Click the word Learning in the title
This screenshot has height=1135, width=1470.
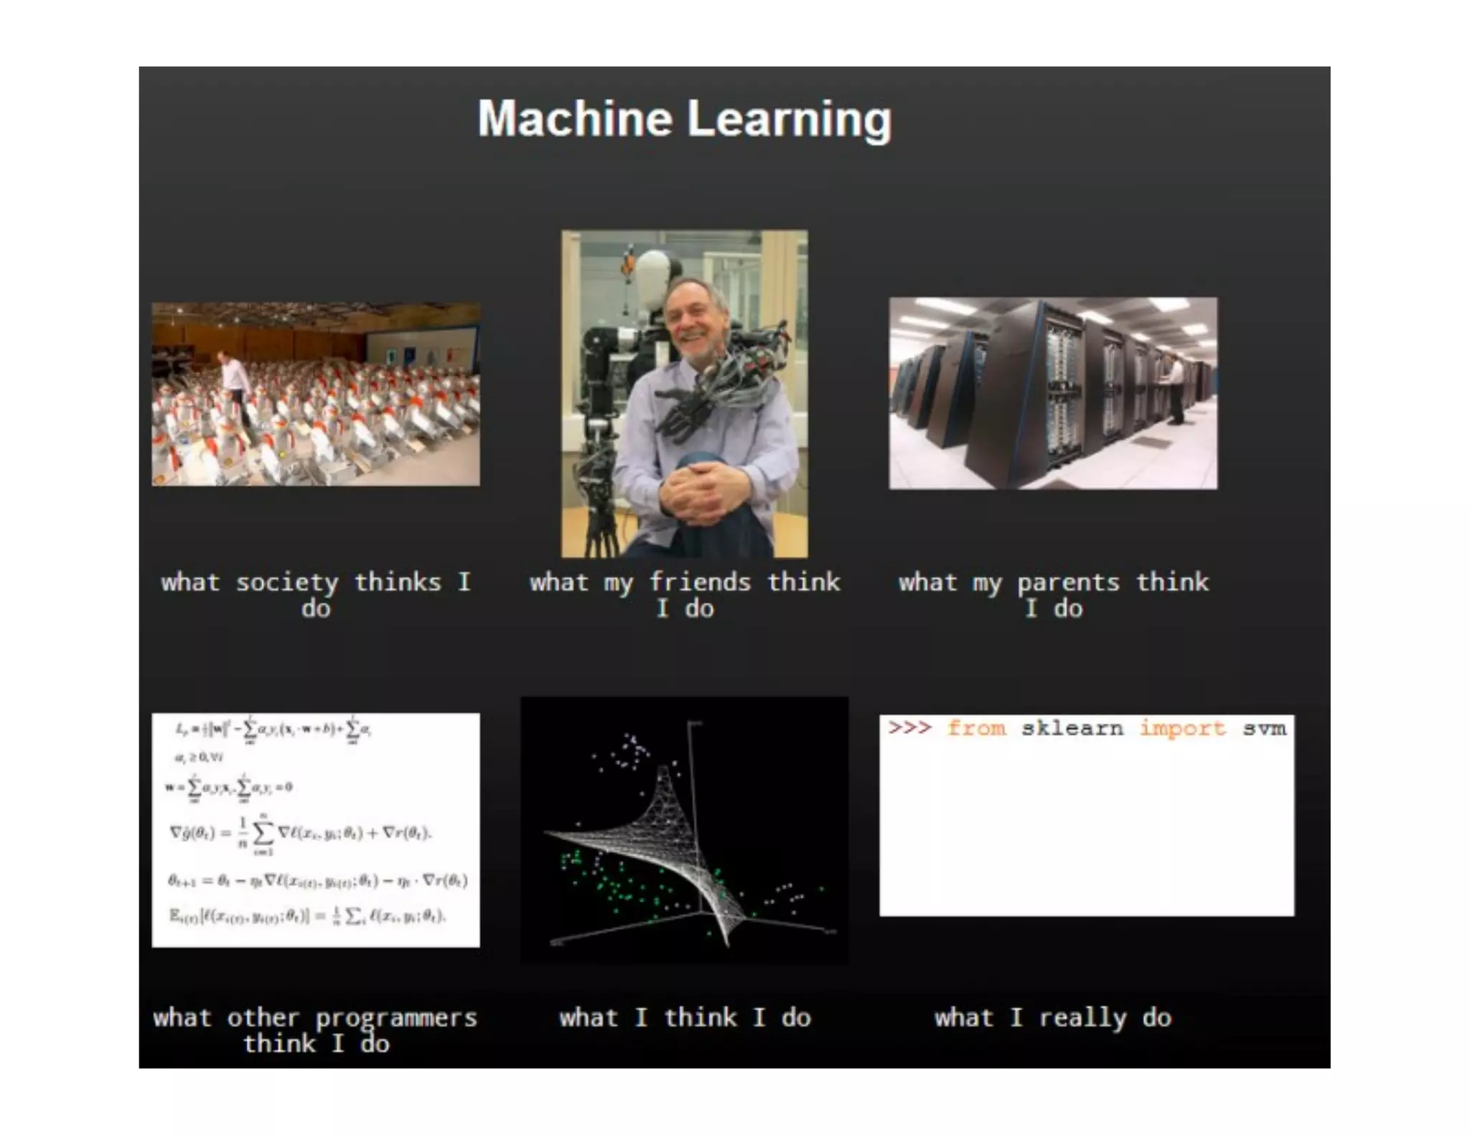[790, 120]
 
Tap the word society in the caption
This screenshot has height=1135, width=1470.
[287, 583]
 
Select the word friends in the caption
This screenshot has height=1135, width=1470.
[700, 582]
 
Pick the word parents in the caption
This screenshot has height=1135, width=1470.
[1068, 583]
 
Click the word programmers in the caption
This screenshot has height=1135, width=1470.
[396, 1018]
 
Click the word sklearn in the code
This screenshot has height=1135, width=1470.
[1072, 728]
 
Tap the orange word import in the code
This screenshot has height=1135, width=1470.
[1182, 728]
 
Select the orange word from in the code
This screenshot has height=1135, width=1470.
[976, 728]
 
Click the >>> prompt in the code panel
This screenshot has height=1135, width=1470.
[909, 727]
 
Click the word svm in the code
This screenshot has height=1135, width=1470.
[1265, 728]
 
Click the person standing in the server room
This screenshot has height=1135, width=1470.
[1176, 391]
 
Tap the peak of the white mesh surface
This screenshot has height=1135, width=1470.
[664, 771]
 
